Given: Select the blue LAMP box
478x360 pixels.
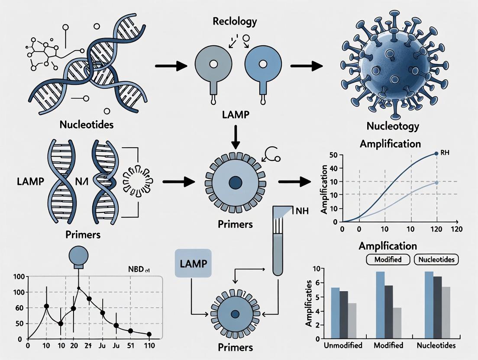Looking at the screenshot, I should pyautogui.click(x=193, y=263).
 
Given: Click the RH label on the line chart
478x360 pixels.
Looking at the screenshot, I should pyautogui.click(x=446, y=152).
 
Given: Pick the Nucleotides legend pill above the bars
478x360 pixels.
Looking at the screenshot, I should pyautogui.click(x=437, y=260).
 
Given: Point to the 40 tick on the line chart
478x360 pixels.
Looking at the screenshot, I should pyautogui.click(x=333, y=169).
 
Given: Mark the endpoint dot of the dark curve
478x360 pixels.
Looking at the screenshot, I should pyautogui.click(x=436, y=154).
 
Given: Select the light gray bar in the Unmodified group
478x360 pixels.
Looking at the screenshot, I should pyautogui.click(x=352, y=320).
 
